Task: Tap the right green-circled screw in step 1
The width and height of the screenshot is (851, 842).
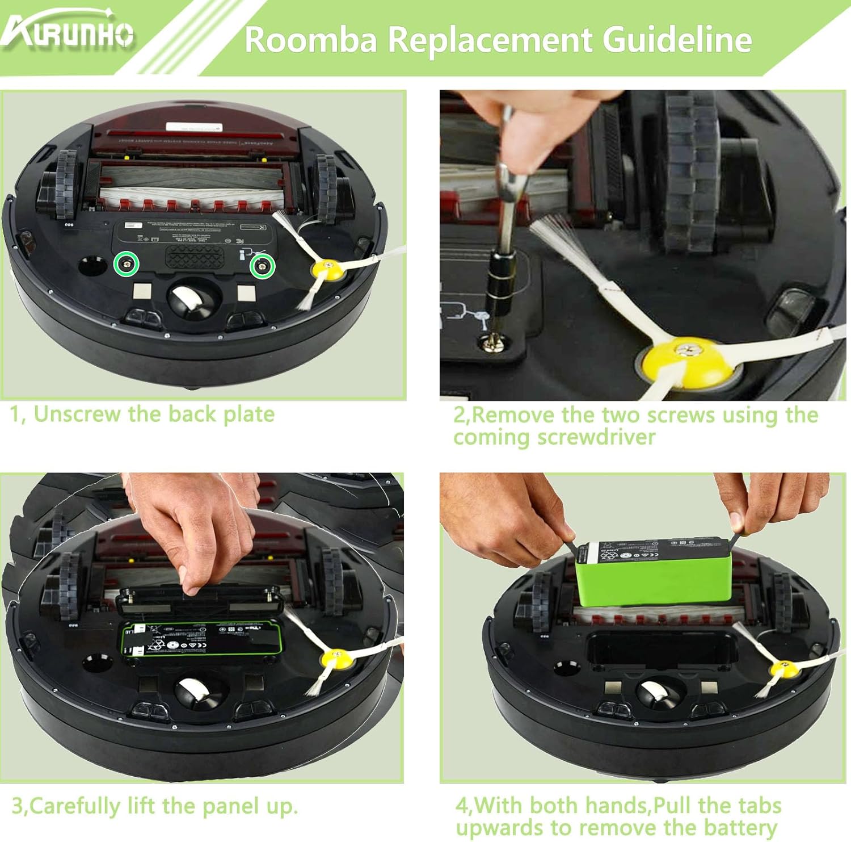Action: (x=262, y=265)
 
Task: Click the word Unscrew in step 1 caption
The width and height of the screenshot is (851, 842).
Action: (x=78, y=414)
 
